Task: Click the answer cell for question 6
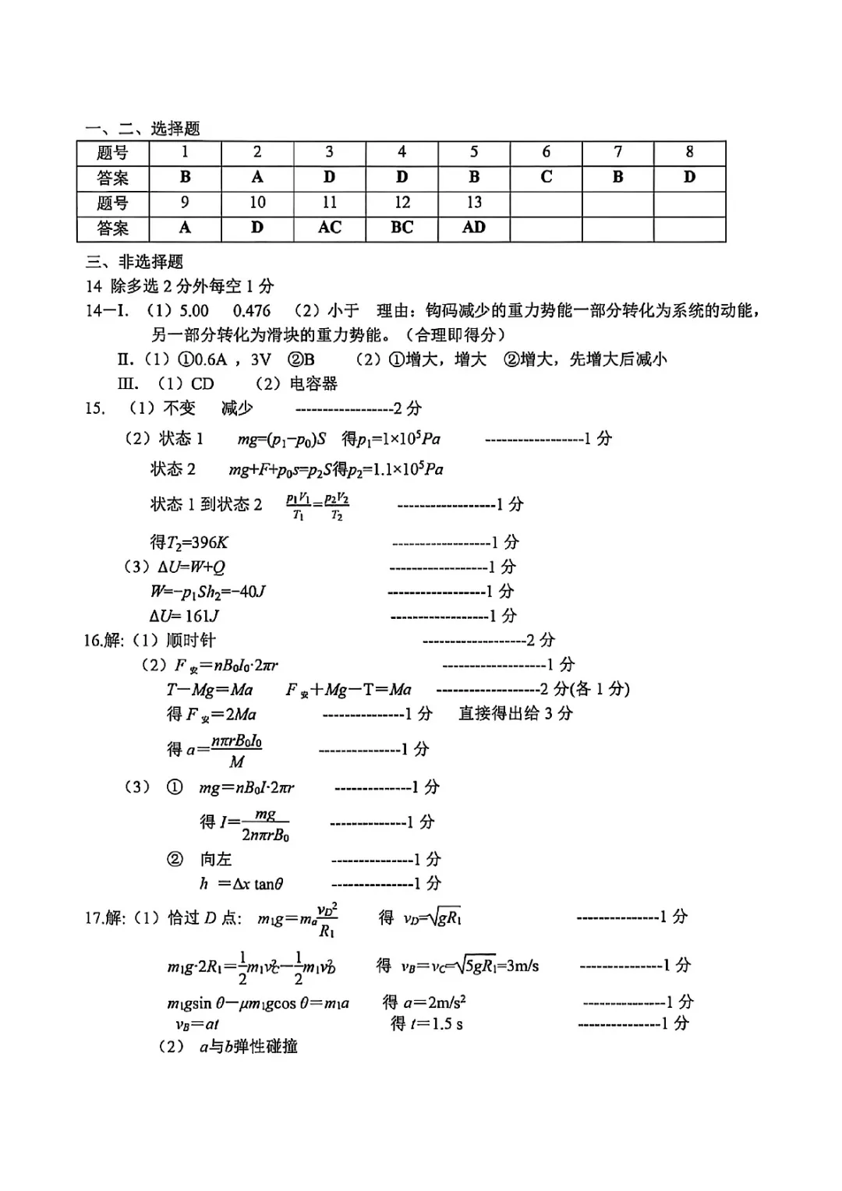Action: (x=546, y=177)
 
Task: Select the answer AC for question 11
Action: (x=330, y=228)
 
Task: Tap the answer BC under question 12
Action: (x=402, y=228)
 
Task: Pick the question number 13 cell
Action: (x=474, y=203)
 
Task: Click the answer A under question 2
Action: (x=257, y=177)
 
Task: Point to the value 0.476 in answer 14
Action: (x=251, y=311)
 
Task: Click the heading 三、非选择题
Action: (x=134, y=261)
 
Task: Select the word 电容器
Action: (x=313, y=383)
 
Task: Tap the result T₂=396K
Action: (x=189, y=542)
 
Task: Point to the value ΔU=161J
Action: (x=185, y=616)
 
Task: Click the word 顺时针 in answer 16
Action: (x=191, y=640)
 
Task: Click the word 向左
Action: (x=216, y=859)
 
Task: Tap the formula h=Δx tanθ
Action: (x=242, y=884)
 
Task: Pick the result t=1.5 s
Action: (x=426, y=1023)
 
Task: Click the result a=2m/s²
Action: (x=424, y=1002)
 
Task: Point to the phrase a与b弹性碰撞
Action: (x=248, y=1047)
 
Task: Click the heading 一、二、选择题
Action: (x=143, y=129)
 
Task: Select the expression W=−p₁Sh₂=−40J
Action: (x=208, y=592)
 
